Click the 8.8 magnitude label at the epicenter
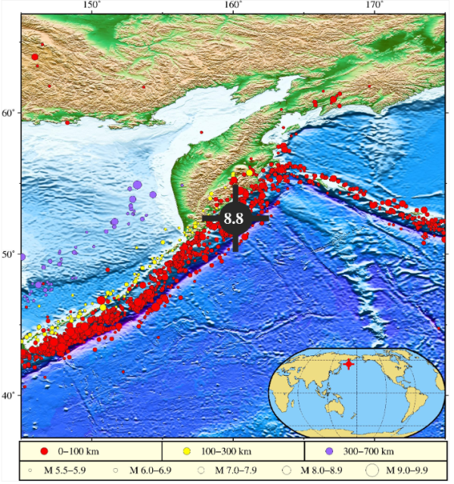[x=233, y=219]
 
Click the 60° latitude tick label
[x=8, y=113]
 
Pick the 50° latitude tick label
[x=8, y=254]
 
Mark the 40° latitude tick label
[x=8, y=396]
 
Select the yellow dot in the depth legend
[x=186, y=451]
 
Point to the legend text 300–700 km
[x=365, y=451]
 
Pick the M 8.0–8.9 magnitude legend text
[x=325, y=470]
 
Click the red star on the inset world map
[x=348, y=364]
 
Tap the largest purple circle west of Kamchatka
[x=137, y=185]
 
